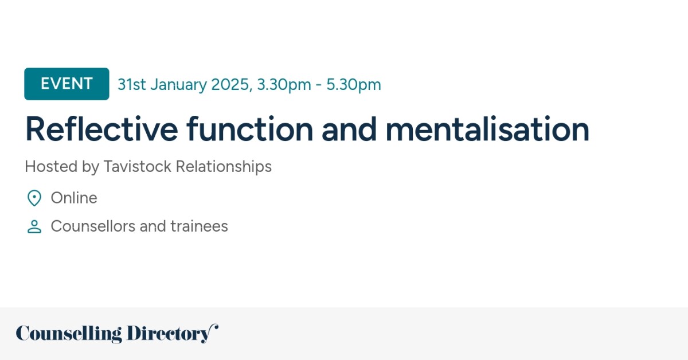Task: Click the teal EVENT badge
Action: (x=67, y=84)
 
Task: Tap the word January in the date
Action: (x=178, y=85)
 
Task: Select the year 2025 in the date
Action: (x=230, y=85)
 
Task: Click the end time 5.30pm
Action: (x=354, y=85)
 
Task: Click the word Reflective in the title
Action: (x=101, y=130)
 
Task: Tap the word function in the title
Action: (x=250, y=130)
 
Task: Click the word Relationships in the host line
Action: (x=224, y=167)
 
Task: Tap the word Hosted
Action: (x=48, y=167)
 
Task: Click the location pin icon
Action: (x=34, y=198)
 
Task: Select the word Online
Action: (x=74, y=198)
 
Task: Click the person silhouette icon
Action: (x=34, y=227)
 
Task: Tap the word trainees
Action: (x=199, y=226)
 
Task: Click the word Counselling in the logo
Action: (x=69, y=334)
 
